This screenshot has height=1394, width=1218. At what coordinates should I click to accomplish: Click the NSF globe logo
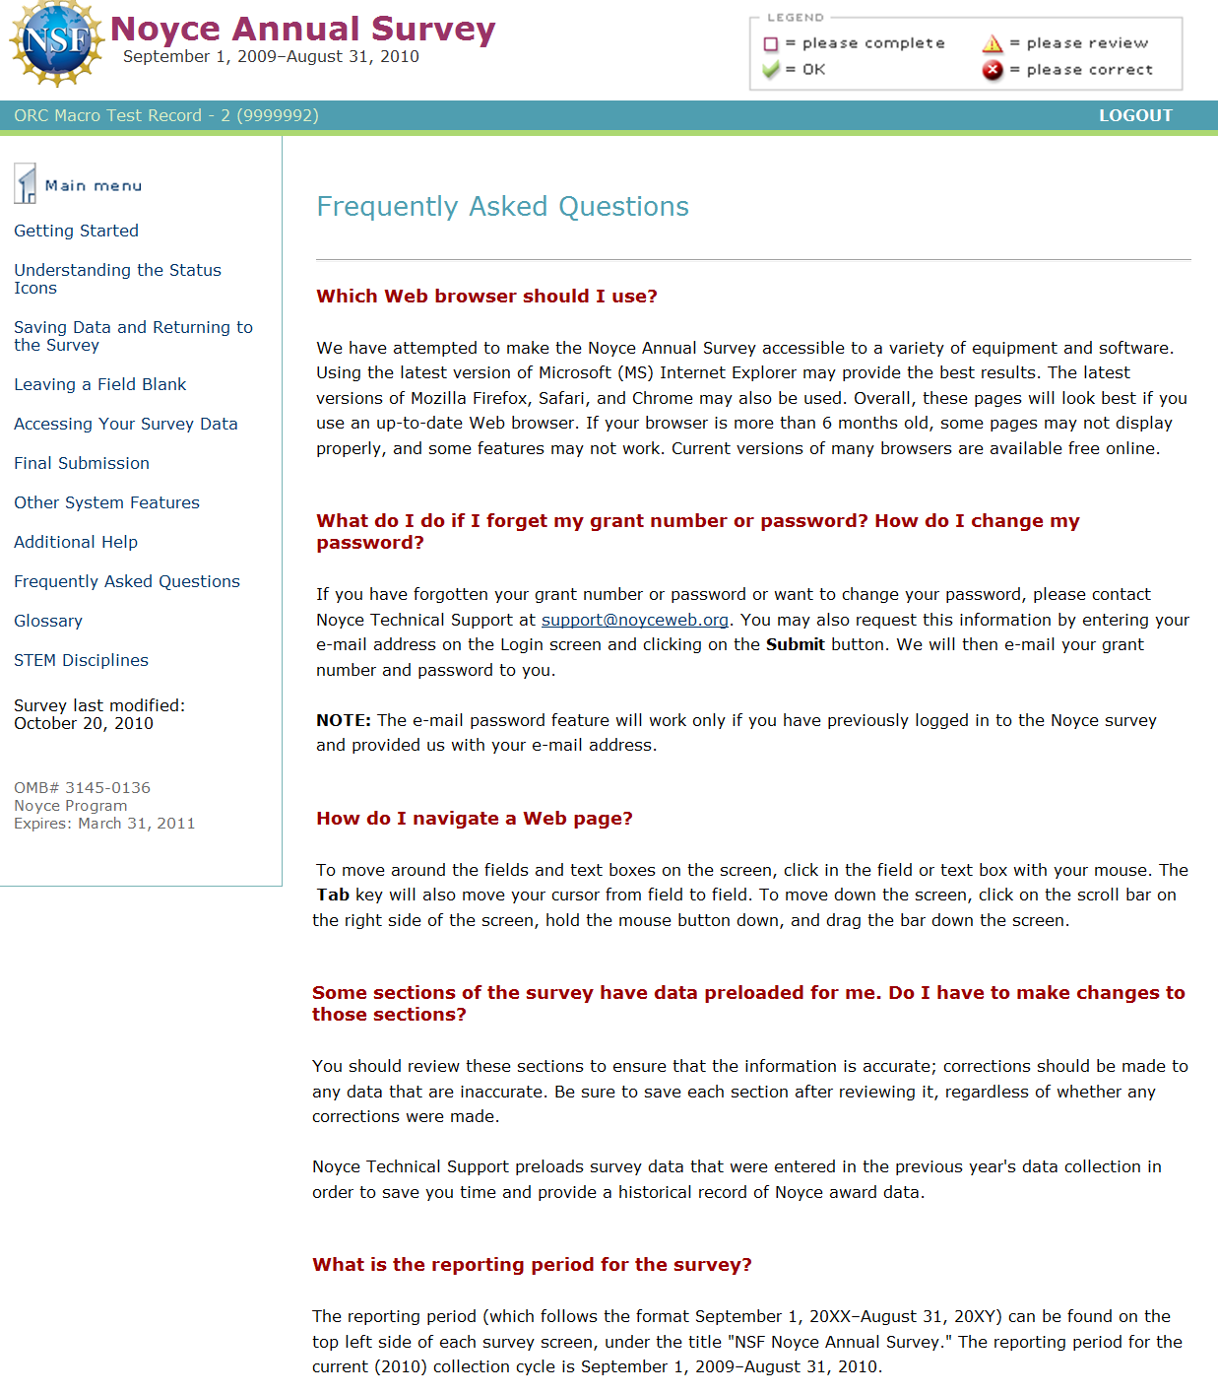point(56,43)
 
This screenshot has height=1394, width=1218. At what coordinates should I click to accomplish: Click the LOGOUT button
point(1135,115)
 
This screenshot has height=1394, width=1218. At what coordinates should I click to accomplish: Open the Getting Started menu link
point(76,231)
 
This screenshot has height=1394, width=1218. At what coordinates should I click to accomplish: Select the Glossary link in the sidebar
point(48,621)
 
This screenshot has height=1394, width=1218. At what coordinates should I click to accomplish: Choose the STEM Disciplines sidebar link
point(81,660)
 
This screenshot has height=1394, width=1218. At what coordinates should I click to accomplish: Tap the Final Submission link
point(82,463)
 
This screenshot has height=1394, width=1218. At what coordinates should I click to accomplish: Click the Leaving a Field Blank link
point(99,384)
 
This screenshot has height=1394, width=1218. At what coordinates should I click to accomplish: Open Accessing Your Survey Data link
point(126,424)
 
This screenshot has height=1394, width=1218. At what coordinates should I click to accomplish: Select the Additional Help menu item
point(76,542)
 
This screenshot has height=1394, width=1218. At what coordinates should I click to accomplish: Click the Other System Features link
point(106,502)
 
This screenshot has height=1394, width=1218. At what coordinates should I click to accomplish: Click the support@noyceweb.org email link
point(635,620)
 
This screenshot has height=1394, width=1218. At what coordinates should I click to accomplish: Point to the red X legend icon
point(993,70)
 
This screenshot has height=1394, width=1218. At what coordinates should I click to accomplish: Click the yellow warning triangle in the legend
point(993,43)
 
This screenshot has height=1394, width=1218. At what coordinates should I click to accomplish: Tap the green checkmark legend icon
point(771,70)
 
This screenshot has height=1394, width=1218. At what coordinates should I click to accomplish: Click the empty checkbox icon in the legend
point(771,43)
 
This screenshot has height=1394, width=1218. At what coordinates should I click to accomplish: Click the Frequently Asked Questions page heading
point(502,207)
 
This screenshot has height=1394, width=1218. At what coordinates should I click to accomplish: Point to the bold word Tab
point(333,895)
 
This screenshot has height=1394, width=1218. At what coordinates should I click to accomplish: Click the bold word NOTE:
point(344,720)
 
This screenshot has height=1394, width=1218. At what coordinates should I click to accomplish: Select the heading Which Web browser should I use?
point(486,297)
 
